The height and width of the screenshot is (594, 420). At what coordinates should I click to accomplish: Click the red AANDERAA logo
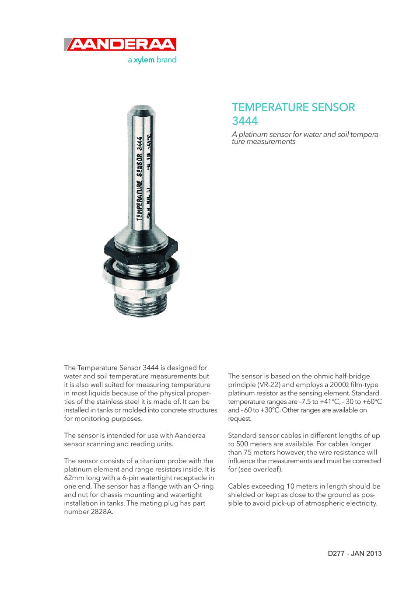click(120, 45)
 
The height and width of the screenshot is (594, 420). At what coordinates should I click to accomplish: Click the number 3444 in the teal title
click(245, 120)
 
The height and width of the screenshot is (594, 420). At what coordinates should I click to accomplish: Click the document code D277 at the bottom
click(337, 553)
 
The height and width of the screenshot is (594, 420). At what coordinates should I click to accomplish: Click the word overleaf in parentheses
click(267, 469)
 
